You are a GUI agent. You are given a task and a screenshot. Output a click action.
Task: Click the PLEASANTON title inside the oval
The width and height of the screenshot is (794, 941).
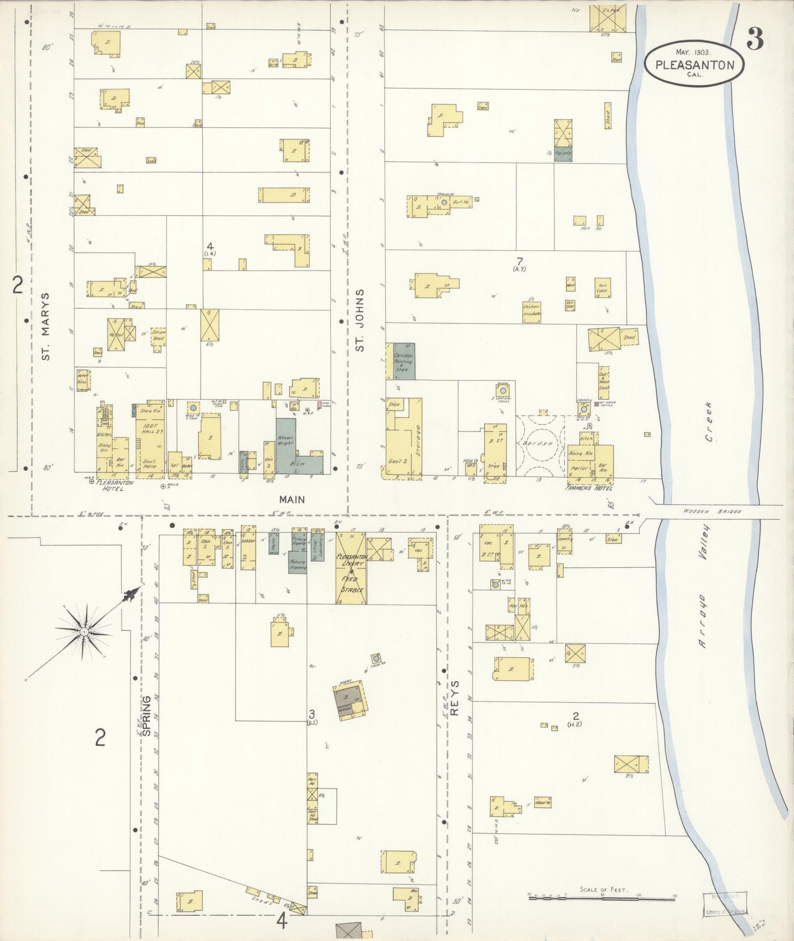tap(695, 65)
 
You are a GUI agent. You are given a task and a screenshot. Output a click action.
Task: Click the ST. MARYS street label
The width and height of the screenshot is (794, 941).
tap(46, 326)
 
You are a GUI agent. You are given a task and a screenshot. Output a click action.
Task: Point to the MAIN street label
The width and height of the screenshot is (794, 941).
tap(292, 499)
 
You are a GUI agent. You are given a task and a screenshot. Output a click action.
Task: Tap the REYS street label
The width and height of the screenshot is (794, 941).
tap(454, 698)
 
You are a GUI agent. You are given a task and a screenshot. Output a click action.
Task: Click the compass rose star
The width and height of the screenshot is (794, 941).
tap(84, 632)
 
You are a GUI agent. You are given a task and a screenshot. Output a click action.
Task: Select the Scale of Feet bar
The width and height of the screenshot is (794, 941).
tap(602, 898)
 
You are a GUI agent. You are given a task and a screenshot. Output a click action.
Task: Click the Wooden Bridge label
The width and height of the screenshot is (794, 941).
tap(712, 511)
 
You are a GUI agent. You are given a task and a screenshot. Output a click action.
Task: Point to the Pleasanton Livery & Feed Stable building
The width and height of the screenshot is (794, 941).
tap(351, 568)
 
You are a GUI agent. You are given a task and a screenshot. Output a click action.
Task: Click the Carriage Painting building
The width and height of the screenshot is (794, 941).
tap(404, 362)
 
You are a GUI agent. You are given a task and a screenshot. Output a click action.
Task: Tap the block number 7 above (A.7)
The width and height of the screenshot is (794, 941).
tap(519, 261)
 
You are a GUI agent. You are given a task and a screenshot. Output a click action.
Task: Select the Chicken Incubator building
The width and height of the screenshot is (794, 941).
tap(532, 312)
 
